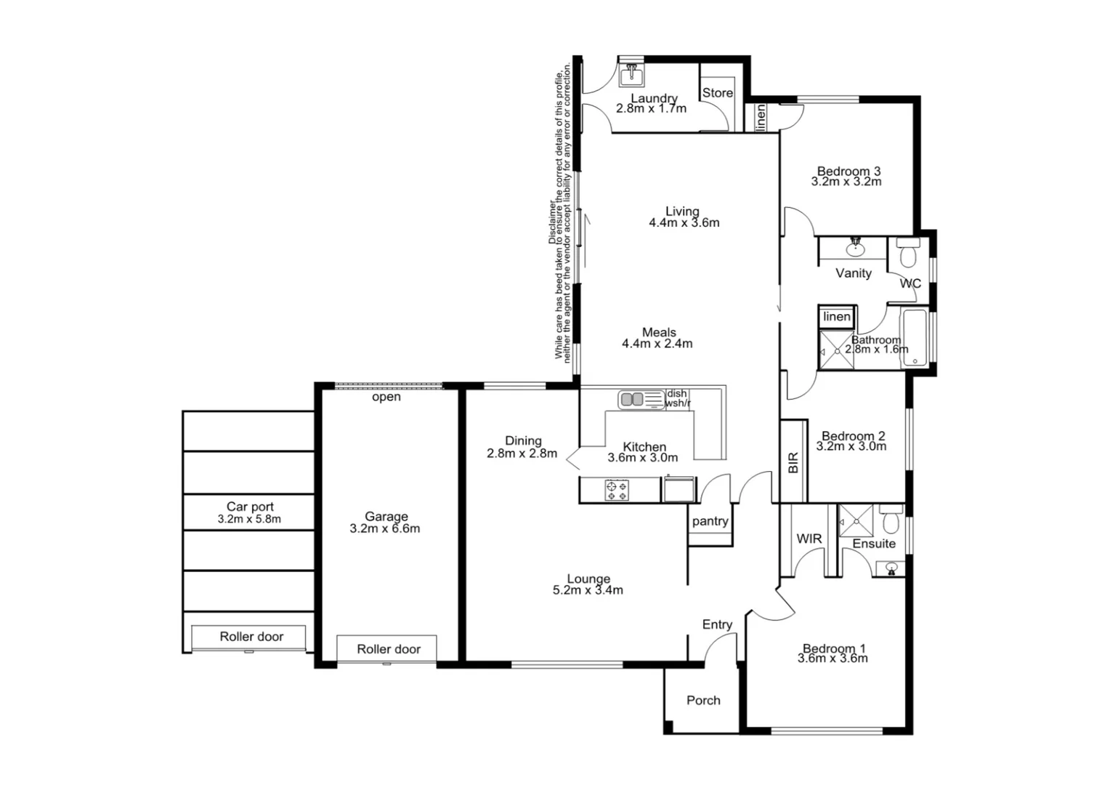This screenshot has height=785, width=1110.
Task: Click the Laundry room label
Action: coord(654,99)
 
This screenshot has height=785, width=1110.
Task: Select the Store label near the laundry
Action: coord(717,93)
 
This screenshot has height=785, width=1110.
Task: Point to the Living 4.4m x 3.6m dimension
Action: coord(684,223)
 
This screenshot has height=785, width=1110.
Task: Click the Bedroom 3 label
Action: coord(848,172)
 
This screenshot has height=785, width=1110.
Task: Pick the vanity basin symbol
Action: coord(856,249)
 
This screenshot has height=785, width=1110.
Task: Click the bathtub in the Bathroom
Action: coord(914,338)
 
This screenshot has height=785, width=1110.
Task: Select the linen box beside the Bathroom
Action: coord(837,317)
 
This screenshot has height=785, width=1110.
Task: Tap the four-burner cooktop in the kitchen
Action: coord(617,491)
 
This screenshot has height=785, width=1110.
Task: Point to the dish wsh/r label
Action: coord(677,398)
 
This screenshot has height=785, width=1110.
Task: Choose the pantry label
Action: coord(710,521)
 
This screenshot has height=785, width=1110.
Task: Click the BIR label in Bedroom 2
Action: coord(793,462)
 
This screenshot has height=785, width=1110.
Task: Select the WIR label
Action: coord(809,539)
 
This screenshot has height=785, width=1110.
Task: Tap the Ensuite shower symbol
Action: coord(856,521)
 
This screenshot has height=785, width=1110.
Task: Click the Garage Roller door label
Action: coord(388,649)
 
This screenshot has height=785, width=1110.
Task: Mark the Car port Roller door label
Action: coord(251,637)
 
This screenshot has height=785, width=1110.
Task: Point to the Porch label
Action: coord(703,701)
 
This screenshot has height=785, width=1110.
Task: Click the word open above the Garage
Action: coord(386,397)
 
